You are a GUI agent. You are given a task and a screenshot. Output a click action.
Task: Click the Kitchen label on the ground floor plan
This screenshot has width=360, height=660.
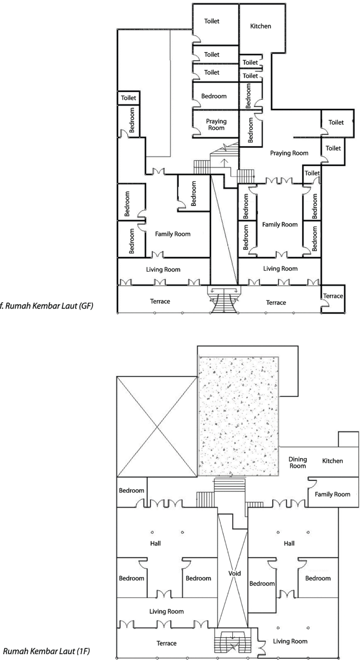coord(261,26)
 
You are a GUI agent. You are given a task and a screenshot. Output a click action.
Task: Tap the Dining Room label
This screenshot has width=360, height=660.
coord(297,462)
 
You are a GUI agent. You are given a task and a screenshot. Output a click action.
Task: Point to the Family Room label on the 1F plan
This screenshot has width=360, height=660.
coord(332,494)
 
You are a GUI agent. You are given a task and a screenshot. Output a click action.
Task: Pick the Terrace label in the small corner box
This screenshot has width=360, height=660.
coord(333,296)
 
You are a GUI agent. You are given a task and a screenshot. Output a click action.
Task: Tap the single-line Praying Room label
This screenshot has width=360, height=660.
coord(289,153)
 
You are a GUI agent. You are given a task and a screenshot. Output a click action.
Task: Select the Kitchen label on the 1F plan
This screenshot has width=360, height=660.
coord(332,461)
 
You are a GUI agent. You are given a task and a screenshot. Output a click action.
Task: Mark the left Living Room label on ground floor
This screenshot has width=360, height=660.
coord(163,270)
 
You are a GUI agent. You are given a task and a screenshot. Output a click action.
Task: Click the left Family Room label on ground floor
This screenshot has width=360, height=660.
coord(172,234)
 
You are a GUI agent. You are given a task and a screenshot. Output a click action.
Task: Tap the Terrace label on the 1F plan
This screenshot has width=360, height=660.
coord(166,643)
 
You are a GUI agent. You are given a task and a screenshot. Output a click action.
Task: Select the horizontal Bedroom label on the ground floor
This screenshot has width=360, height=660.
coord(214,96)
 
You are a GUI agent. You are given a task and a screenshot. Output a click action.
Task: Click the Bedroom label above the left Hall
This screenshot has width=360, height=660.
coord(131,490)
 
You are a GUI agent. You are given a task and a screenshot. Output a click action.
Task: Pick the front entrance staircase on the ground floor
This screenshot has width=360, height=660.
coord(224,302)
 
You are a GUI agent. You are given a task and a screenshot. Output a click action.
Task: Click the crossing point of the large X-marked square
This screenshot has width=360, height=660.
coord(157,427)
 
